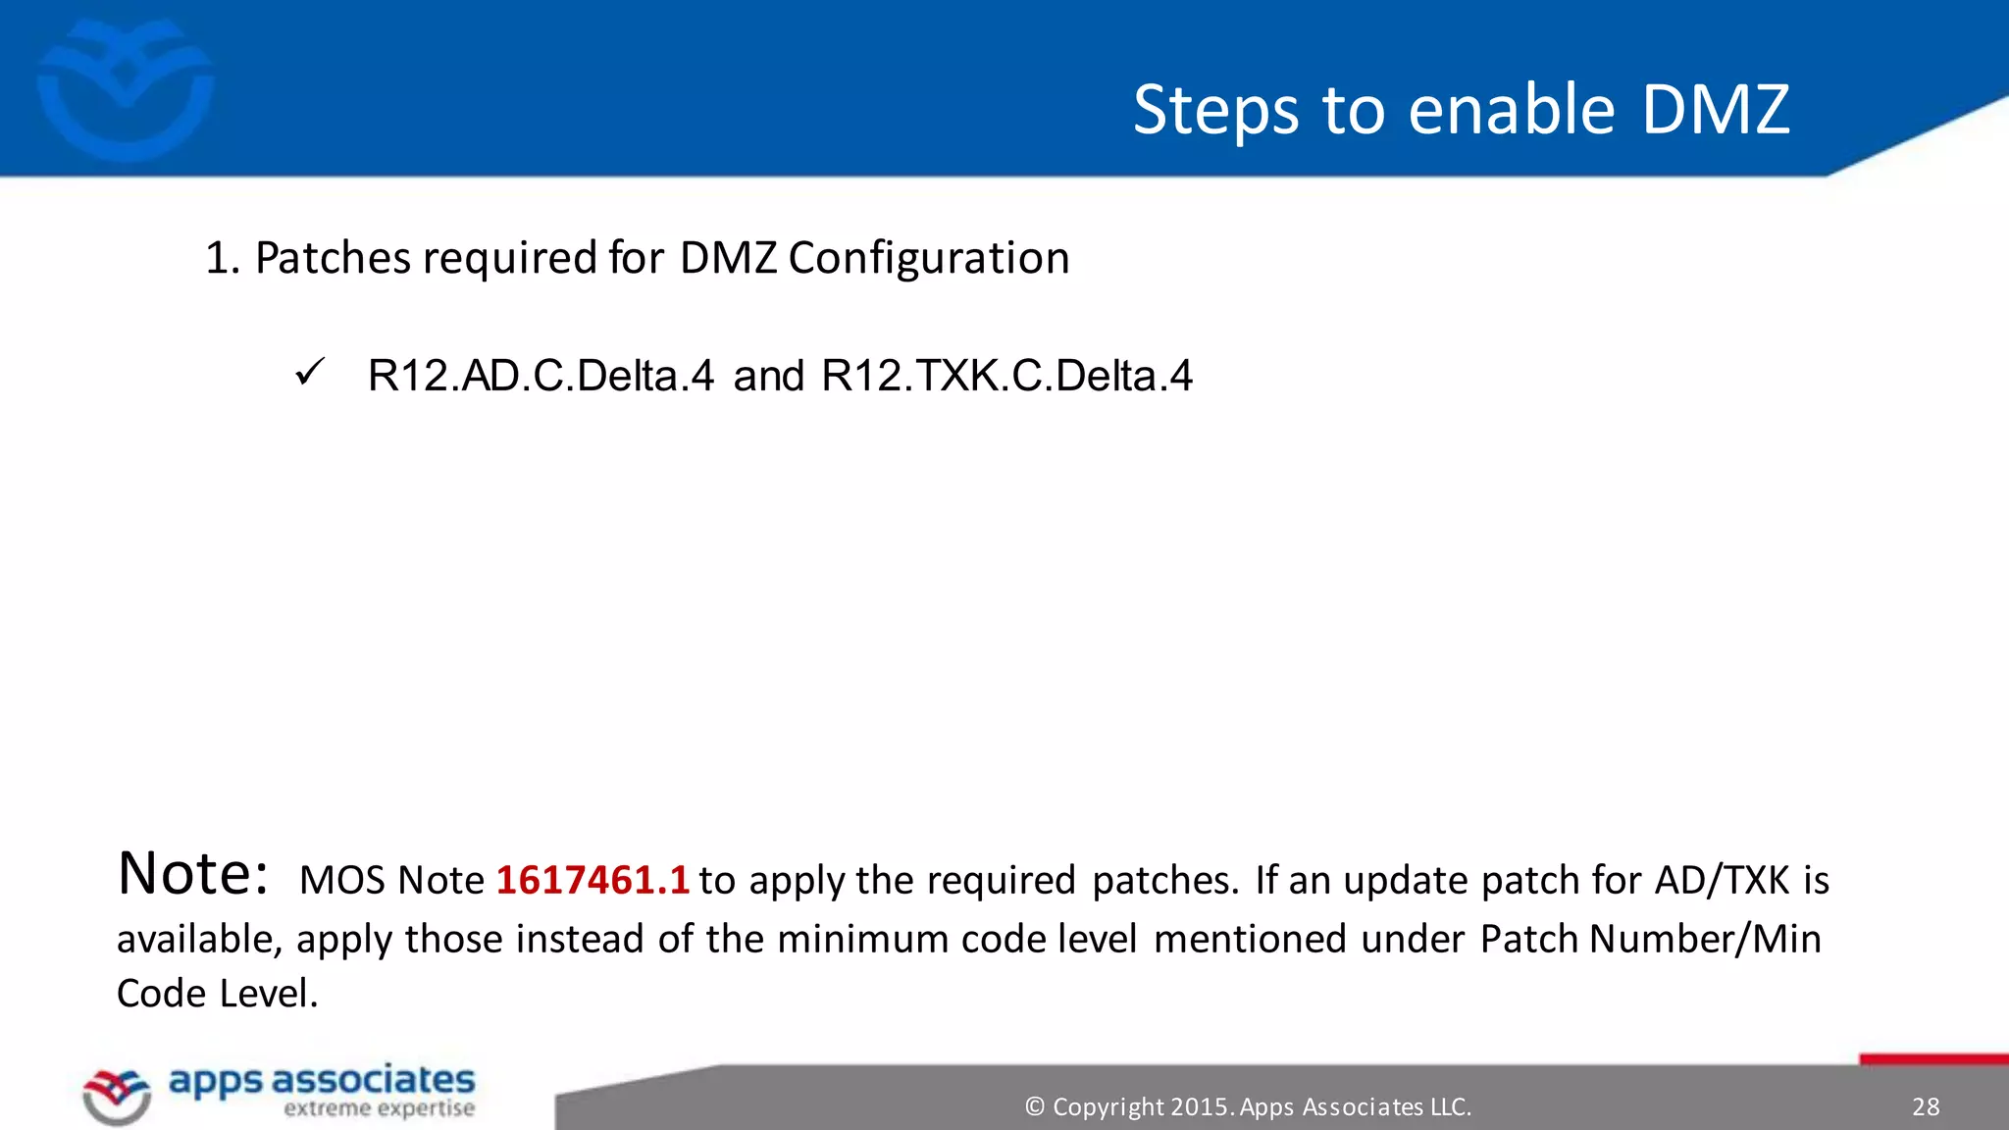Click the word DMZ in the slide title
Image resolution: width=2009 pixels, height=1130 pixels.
pos(1716,109)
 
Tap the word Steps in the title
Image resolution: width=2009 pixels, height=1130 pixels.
pos(1216,111)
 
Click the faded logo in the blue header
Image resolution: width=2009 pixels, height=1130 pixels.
pos(125,90)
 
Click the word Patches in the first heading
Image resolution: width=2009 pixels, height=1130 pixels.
pos(333,259)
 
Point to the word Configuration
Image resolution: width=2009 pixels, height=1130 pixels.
pos(928,259)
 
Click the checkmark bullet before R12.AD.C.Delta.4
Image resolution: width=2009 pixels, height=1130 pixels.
pos(309,373)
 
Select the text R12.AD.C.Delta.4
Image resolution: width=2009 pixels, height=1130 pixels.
pos(541,376)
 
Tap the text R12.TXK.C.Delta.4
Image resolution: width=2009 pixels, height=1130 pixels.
pos(1006,376)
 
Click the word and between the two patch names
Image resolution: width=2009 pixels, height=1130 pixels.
pos(768,376)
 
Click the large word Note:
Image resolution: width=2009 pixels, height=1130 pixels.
pos(192,873)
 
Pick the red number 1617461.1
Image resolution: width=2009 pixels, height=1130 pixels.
pos(592,880)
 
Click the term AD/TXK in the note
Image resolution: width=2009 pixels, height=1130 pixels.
pos(1722,880)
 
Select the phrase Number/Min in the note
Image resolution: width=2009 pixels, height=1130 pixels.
pos(1705,939)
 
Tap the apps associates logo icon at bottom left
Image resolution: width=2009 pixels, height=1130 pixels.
pos(117,1096)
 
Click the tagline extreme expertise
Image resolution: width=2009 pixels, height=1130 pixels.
pos(379,1109)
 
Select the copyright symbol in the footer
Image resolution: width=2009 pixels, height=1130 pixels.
pos(1034,1106)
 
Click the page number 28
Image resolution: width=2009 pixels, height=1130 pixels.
pos(1926,1106)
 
